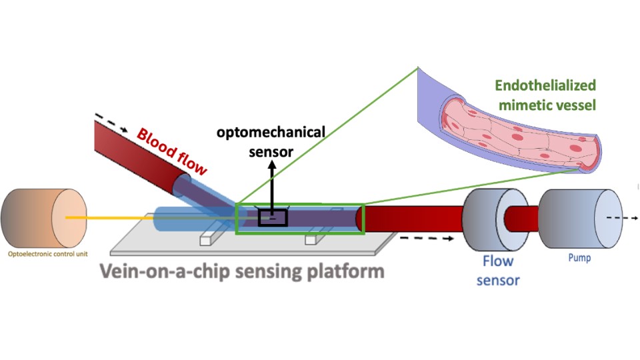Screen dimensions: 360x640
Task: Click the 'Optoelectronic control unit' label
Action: click(45, 253)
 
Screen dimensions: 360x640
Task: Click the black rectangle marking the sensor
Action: click(273, 218)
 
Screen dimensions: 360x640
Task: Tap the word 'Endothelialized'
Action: click(545, 85)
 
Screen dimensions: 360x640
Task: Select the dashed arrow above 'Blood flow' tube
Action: click(107, 123)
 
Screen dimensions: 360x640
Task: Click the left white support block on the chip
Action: click(208, 238)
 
